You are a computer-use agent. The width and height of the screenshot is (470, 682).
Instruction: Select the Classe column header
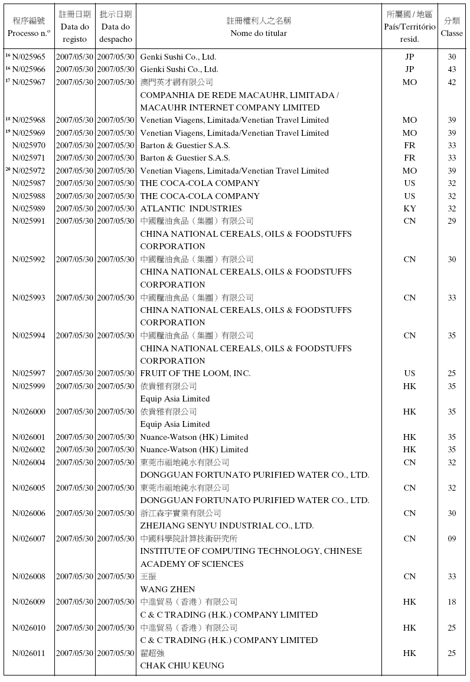tap(452, 27)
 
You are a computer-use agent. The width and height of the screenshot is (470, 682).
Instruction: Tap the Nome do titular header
tap(259, 27)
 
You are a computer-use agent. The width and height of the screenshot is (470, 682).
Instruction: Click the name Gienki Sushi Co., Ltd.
tap(179, 70)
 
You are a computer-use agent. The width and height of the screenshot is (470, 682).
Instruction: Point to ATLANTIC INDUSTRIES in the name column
tap(191, 208)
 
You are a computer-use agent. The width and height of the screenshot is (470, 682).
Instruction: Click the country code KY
tap(410, 208)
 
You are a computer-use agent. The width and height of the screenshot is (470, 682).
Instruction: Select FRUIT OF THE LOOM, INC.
tap(195, 373)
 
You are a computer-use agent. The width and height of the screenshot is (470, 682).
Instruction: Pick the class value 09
tap(452, 539)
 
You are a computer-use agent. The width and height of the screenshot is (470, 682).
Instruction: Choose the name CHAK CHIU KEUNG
tap(182, 665)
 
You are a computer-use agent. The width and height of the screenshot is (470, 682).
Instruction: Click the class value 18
tap(452, 602)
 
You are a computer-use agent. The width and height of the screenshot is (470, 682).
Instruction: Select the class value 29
tap(452, 221)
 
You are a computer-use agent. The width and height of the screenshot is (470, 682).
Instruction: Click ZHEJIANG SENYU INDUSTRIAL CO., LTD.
tap(227, 526)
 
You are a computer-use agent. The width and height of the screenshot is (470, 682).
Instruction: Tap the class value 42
tap(452, 82)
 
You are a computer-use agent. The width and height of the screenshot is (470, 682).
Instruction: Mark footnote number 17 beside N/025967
tap(8, 81)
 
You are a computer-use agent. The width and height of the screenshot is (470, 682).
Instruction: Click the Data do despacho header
tap(116, 27)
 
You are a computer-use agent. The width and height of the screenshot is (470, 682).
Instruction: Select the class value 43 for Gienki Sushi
tap(452, 70)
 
